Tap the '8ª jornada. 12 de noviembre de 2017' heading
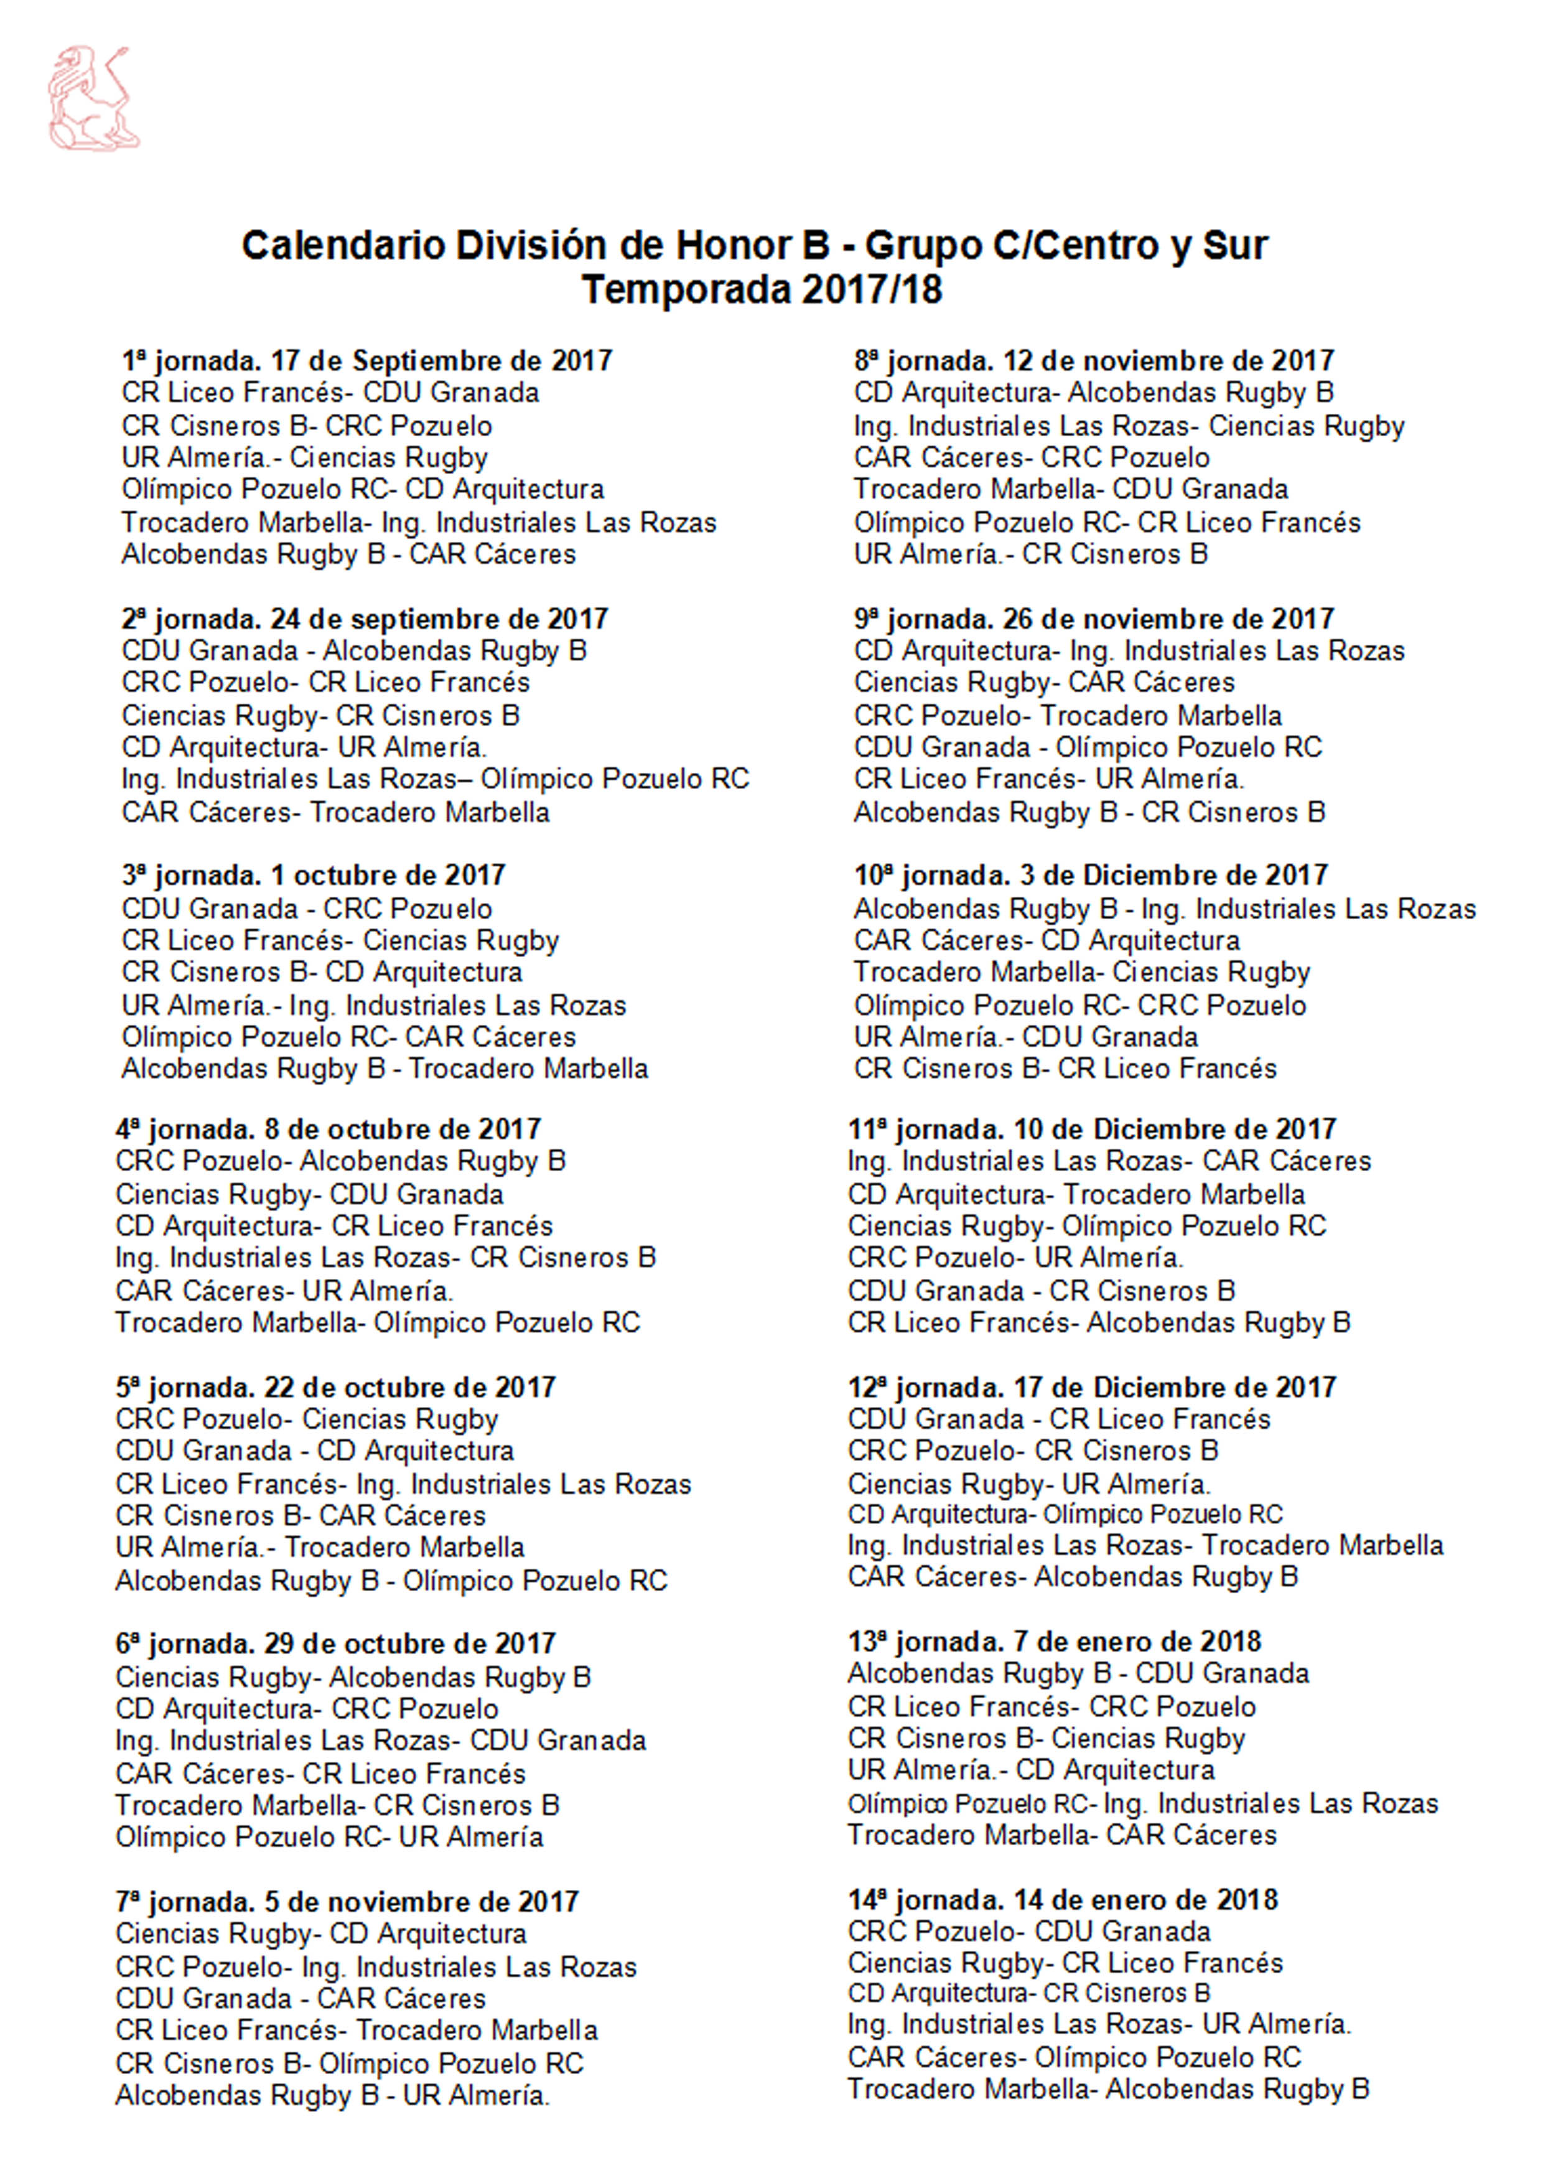coord(1093,362)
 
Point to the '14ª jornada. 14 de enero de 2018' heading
coord(1062,1900)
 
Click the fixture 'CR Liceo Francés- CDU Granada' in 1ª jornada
coord(330,393)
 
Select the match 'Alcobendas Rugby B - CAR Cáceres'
coord(348,554)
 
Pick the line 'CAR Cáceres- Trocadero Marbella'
coord(335,813)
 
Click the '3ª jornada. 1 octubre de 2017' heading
coord(313,876)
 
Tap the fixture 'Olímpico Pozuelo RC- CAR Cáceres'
coord(348,1037)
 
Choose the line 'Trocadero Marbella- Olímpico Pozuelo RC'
coord(378,1324)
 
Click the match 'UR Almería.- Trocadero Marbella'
coord(319,1548)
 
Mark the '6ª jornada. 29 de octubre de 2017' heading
coord(335,1644)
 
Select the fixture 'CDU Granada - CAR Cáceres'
coord(301,1999)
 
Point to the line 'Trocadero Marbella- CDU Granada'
coord(1071,490)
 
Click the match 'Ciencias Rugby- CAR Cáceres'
coord(1044,683)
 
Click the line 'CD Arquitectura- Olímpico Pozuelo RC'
coord(1065,1515)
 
